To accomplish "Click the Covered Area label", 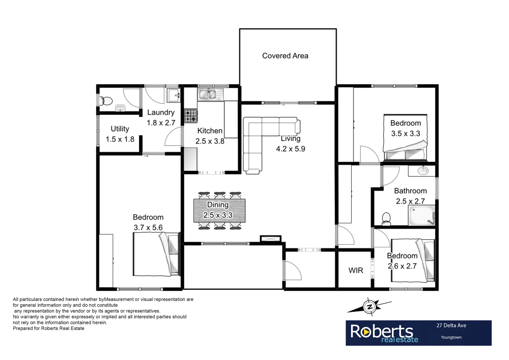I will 285,56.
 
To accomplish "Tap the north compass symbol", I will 369,306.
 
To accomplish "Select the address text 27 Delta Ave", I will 451,325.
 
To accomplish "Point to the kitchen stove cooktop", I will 191,116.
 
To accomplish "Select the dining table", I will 219,211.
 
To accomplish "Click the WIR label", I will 356,270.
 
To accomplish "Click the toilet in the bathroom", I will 386,218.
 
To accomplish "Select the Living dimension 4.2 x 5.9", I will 290,149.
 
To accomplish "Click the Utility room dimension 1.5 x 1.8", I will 120,139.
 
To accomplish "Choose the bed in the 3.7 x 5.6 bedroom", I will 156,254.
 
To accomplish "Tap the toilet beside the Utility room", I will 106,100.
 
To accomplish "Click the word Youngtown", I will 451,337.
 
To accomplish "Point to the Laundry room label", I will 161,113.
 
